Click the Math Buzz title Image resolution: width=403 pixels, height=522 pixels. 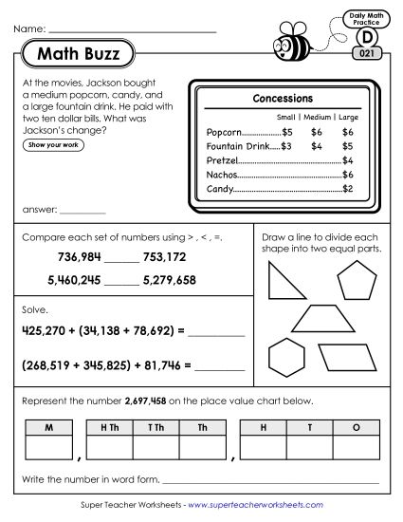80,54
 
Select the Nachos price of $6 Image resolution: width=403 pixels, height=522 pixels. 348,176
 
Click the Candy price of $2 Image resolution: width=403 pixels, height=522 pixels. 348,190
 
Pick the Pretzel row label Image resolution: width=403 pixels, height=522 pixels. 220,161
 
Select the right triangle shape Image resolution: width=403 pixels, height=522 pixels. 282,283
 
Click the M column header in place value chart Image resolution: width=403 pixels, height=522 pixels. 46,428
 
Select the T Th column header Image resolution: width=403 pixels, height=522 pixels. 156,428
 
